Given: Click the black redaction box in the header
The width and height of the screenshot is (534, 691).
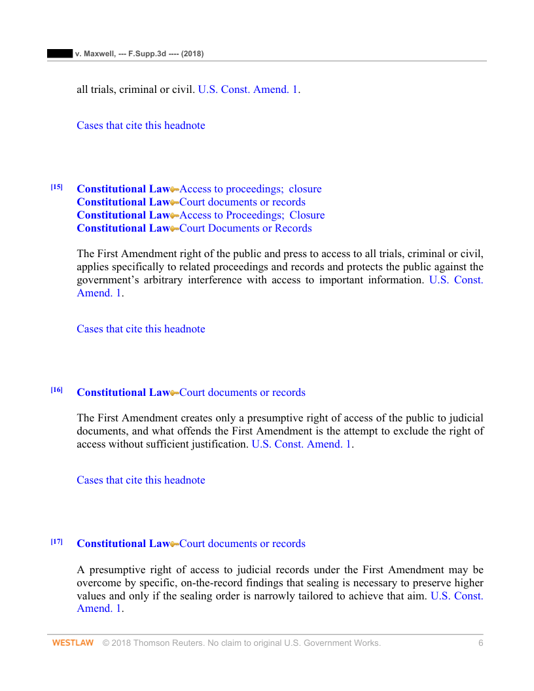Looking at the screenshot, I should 60,53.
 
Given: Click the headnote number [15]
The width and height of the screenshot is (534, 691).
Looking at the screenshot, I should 57,187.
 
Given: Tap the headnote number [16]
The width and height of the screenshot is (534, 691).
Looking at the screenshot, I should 57,390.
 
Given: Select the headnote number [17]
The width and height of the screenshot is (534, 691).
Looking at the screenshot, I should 57,541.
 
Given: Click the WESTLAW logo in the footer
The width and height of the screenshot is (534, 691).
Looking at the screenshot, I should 73,643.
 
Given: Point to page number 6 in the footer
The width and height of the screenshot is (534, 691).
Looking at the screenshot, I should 480,643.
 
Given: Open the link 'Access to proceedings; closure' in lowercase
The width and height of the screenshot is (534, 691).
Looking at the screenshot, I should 251,189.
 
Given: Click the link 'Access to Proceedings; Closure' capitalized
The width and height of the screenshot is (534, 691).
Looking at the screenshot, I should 252,215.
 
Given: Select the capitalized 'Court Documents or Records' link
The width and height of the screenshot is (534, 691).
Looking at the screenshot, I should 245,228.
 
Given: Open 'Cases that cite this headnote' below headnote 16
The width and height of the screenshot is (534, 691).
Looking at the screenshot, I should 141,480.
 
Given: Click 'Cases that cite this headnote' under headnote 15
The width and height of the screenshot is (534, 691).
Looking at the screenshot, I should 141,329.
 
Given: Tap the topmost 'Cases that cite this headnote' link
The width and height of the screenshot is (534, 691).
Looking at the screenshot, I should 141,126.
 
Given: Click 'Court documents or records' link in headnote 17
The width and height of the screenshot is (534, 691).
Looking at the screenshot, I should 242,544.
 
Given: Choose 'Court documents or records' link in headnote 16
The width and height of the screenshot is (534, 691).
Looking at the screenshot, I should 242,393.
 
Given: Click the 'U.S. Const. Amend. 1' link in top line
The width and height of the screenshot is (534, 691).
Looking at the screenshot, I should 247,89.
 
